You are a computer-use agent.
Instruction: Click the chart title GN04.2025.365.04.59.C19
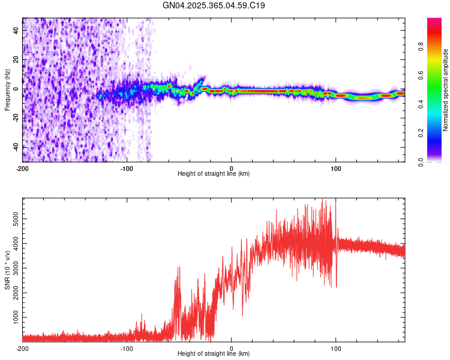pos(214,6)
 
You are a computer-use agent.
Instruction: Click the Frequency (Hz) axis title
pos(7,90)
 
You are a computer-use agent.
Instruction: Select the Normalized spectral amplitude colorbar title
pos(446,90)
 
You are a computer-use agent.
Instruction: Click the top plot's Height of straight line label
pos(214,173)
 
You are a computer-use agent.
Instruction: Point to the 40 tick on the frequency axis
pos(16,31)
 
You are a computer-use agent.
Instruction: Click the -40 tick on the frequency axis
pos(14,147)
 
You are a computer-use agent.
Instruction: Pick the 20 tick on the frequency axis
pos(16,60)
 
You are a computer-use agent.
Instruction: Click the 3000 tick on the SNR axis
pos(13,268)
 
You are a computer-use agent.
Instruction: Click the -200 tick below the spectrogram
pos(23,167)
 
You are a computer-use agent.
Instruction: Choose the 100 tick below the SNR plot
pos(336,347)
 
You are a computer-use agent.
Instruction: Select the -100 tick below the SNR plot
pos(127,347)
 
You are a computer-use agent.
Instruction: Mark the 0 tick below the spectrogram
pos(232,167)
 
